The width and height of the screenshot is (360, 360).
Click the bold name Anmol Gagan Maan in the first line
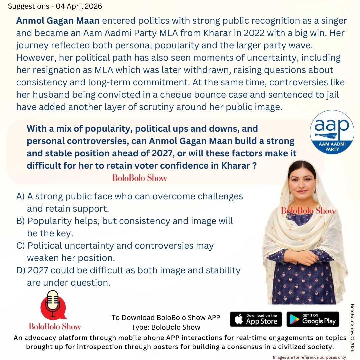[58, 21]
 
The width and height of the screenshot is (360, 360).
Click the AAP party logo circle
[332, 132]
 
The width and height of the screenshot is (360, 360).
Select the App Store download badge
[256, 319]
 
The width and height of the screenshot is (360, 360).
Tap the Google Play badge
[313, 319]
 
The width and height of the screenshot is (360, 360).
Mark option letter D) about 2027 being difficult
[21, 270]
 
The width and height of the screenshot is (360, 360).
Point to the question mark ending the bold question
[254, 166]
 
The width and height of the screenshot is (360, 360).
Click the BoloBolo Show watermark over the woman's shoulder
[308, 211]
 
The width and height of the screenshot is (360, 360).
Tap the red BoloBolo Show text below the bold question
[140, 178]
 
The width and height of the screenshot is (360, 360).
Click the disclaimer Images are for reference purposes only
[314, 357]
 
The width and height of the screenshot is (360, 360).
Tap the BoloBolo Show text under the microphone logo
[55, 326]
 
